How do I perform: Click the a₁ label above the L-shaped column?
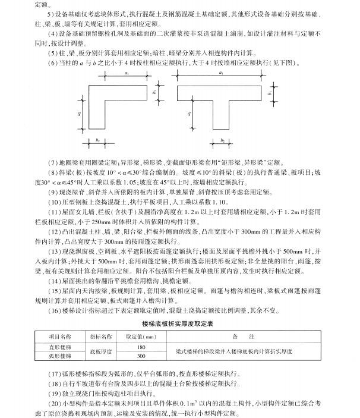[127, 72]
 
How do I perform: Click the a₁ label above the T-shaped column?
[221, 72]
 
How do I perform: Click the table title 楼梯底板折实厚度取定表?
[179, 320]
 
